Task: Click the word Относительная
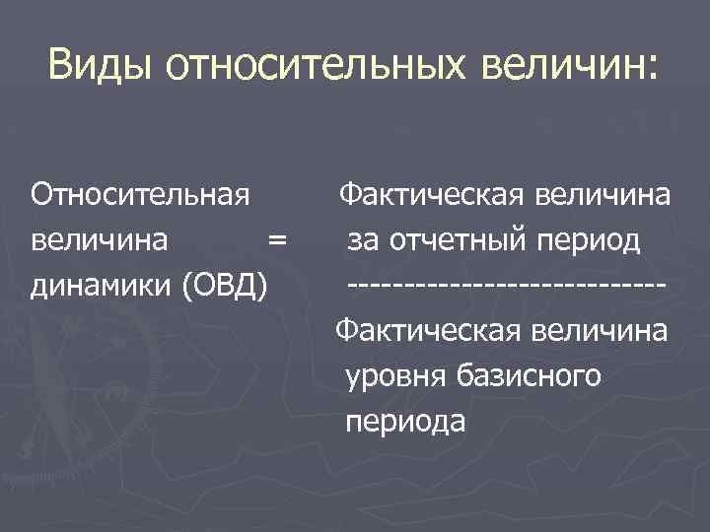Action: [139, 194]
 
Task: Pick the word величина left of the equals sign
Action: [99, 239]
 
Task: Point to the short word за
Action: [362, 239]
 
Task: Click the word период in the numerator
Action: [587, 239]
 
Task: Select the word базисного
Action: [526, 376]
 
